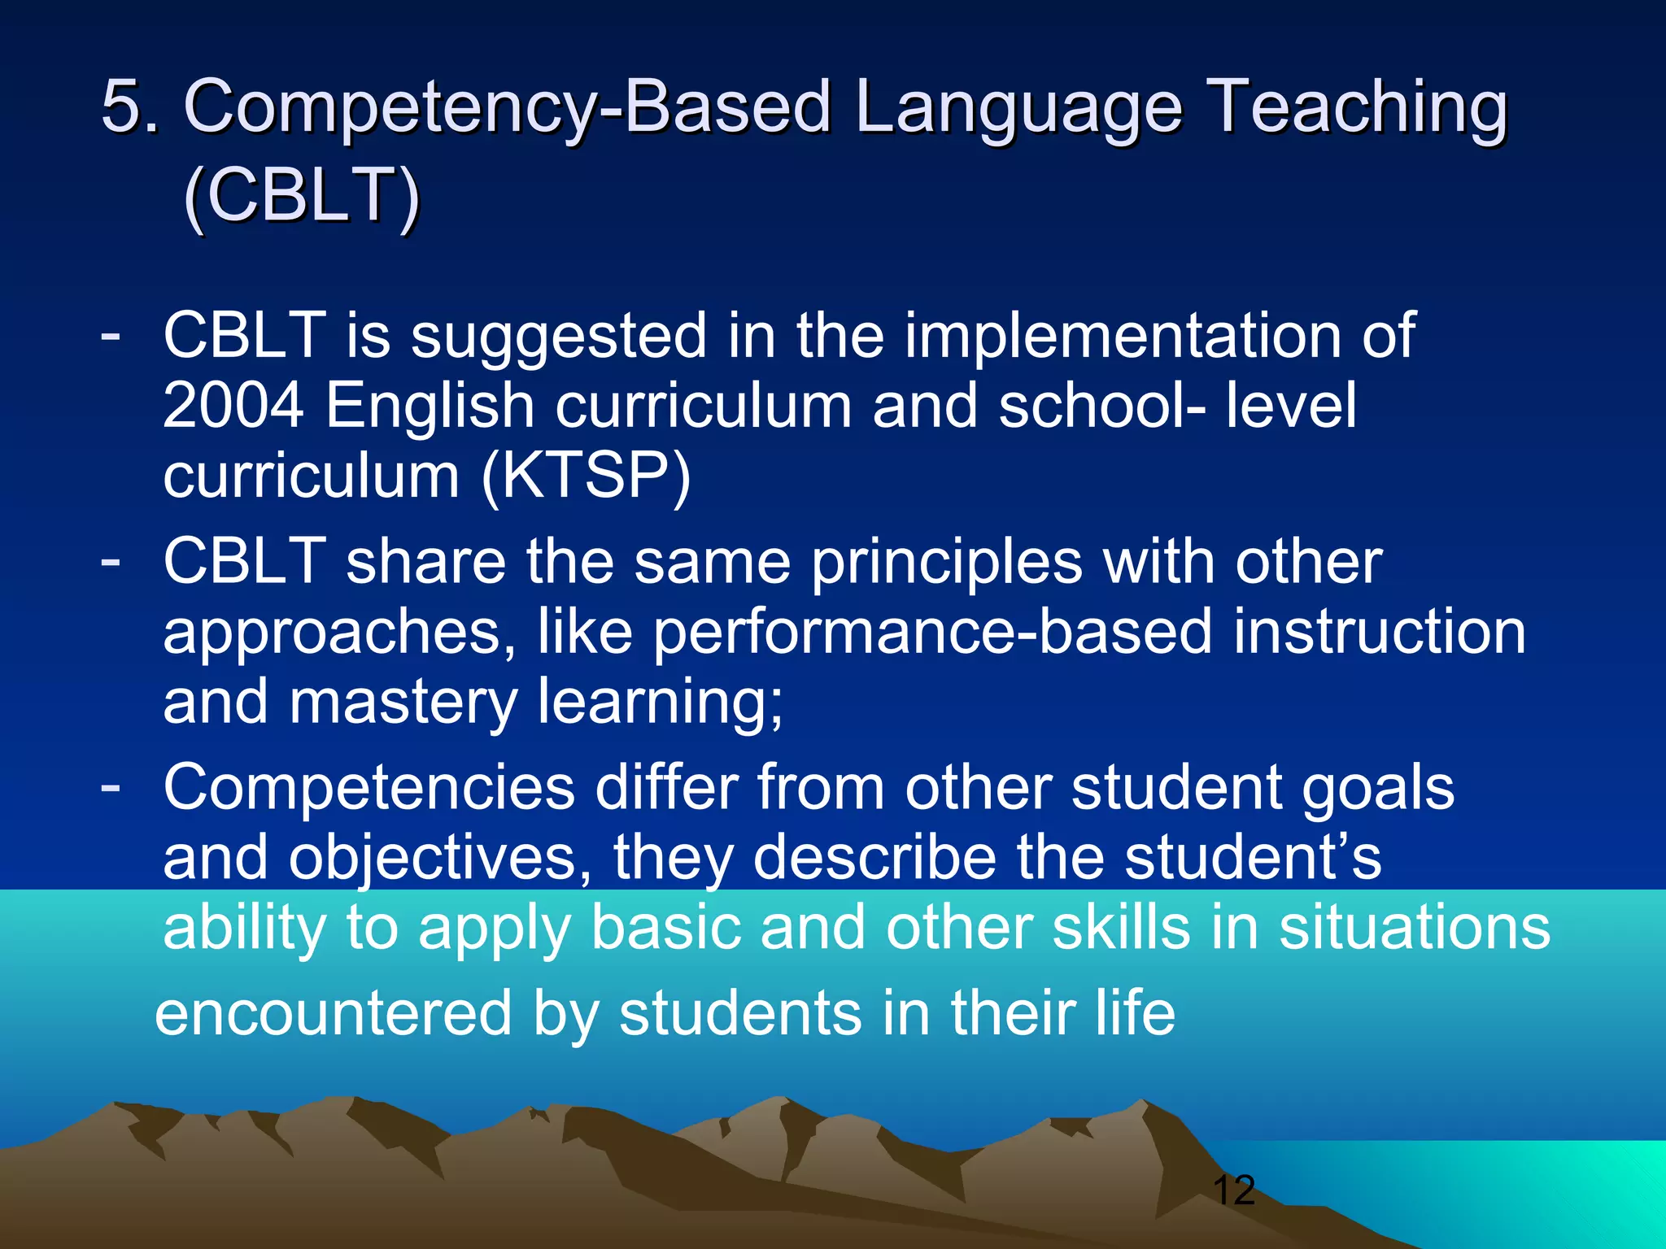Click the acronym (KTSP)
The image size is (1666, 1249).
coord(586,476)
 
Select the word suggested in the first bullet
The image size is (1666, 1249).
coord(558,336)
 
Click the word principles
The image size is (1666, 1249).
coord(947,562)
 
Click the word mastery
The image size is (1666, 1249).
coord(403,703)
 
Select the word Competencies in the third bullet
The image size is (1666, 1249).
coord(369,788)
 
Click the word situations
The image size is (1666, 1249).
coord(1415,928)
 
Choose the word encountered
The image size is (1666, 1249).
coord(333,1013)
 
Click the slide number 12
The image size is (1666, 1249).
coord(1233,1190)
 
